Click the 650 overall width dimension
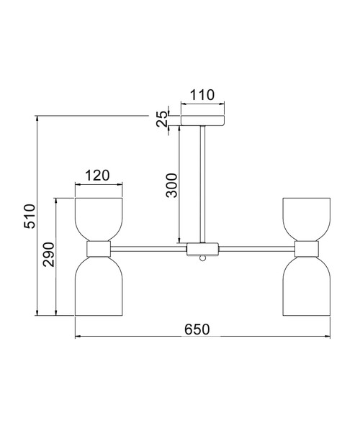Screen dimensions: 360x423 197,329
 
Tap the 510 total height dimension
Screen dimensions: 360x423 30,217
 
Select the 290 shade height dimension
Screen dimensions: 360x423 49,255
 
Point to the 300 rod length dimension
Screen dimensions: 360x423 171,186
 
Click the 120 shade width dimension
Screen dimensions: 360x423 97,176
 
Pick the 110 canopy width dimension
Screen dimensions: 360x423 202,95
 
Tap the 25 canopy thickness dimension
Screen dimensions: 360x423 162,119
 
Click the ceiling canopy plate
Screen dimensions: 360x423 202,120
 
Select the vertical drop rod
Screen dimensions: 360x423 202,184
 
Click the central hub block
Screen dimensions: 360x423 202,249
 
